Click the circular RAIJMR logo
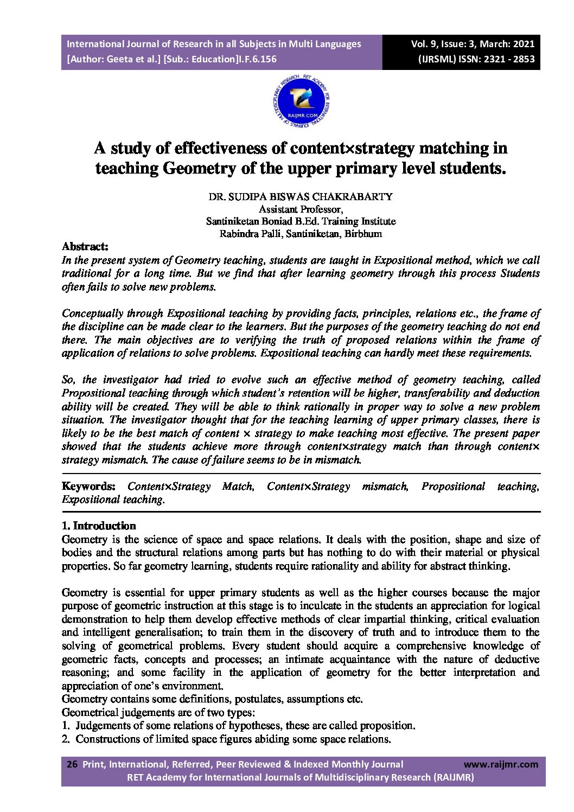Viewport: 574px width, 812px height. tap(302, 103)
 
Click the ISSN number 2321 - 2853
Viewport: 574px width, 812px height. tap(507, 59)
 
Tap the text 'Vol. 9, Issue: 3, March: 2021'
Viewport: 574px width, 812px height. tap(473, 44)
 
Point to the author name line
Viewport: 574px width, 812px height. tap(301, 196)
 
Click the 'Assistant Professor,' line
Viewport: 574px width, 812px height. tap(301, 209)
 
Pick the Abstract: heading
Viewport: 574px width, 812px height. tap(85, 247)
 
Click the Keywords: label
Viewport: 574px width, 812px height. tap(88, 487)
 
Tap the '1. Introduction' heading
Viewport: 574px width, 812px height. tap(99, 526)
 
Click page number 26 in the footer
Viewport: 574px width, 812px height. tap(72, 764)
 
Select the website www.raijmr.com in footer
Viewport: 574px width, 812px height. tap(501, 764)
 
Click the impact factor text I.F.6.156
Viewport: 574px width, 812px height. tap(257, 59)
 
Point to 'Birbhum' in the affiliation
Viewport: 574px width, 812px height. tap(363, 234)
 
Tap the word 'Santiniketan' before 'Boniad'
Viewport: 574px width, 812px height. tap(232, 221)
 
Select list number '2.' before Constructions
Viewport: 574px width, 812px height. tap(66, 739)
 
